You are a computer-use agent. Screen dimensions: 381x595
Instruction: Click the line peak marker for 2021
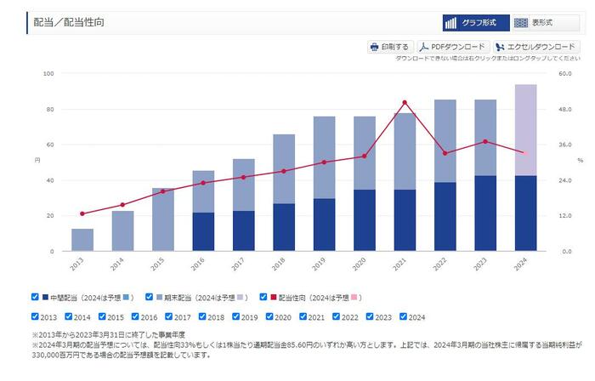point(405,102)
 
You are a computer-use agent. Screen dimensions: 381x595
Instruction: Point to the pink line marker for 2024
point(524,153)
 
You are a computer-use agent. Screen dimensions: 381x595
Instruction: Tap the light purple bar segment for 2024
point(525,130)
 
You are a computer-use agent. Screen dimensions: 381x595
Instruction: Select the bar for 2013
point(82,240)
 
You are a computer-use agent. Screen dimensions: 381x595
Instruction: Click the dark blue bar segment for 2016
point(203,231)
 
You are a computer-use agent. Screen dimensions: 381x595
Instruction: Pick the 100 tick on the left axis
point(48,73)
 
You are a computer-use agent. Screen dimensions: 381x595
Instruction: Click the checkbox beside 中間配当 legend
point(35,297)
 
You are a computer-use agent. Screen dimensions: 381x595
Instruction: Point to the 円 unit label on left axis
point(37,161)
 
